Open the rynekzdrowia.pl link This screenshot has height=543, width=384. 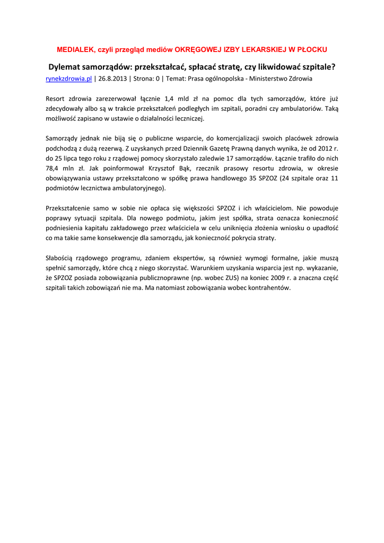click(x=69, y=78)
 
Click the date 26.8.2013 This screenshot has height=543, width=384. click(x=112, y=78)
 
